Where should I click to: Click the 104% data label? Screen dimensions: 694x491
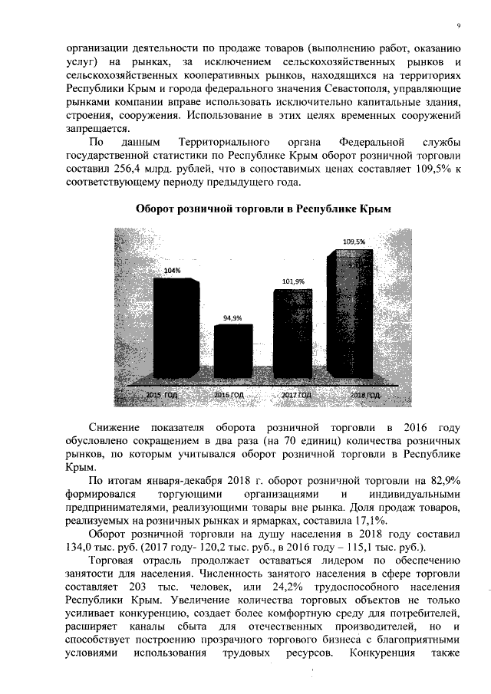(x=173, y=271)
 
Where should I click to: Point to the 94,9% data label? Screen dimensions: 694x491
(x=232, y=317)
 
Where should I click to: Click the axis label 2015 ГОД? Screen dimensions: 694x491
(x=162, y=394)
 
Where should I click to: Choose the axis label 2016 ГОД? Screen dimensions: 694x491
(x=228, y=394)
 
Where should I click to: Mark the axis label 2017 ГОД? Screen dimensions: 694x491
(x=295, y=394)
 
